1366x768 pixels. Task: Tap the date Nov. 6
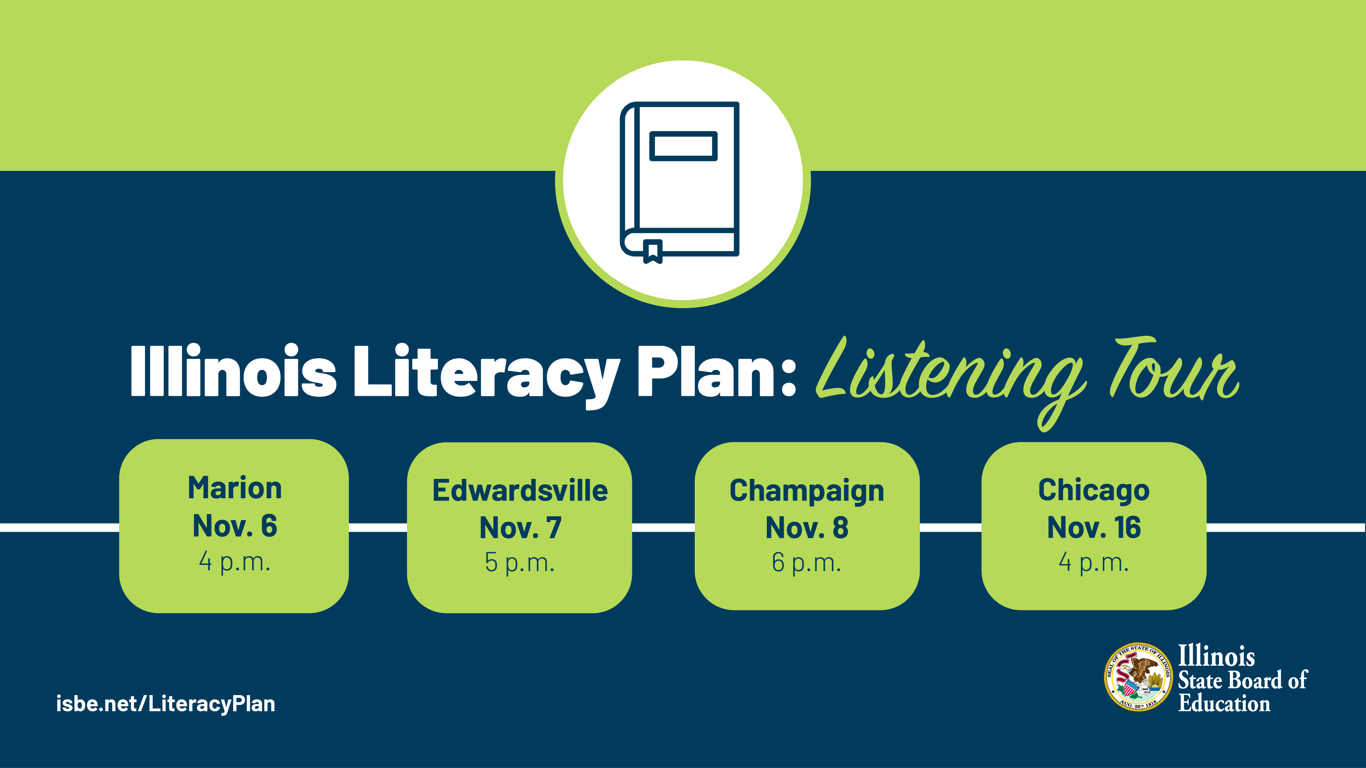pos(234,526)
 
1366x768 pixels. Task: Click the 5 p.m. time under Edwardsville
pos(520,562)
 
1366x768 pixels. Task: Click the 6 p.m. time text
pos(806,562)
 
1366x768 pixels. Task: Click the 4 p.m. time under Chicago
pos(1093,562)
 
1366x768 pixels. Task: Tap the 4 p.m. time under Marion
pos(234,561)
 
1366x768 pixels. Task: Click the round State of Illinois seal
pos(1138,677)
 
